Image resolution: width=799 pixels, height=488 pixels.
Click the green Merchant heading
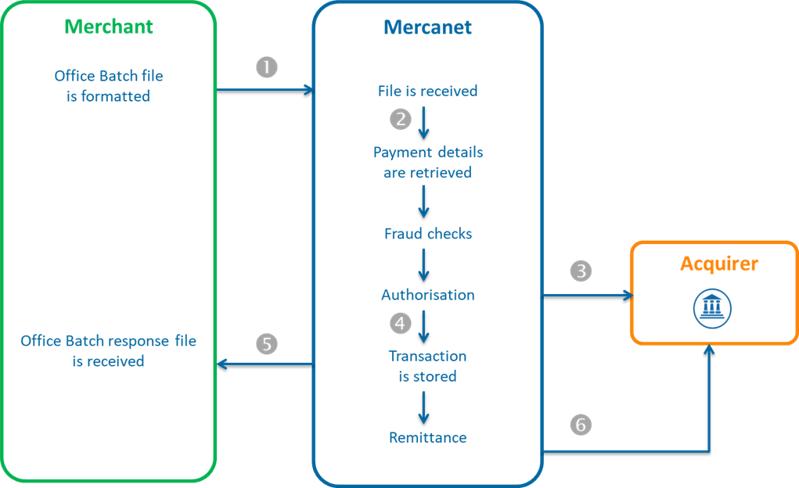click(109, 27)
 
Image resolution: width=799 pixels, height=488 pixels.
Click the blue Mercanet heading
click(427, 27)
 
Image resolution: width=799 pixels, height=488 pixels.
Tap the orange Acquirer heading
click(718, 264)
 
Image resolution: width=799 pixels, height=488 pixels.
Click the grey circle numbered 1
click(267, 67)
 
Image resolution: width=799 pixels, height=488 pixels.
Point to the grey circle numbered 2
click(400, 120)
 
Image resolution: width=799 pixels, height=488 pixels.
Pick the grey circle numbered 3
click(581, 271)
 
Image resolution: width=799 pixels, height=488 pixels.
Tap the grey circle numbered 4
click(400, 322)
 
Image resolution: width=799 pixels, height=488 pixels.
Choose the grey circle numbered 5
click(267, 343)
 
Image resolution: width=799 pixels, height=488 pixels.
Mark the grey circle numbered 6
click(580, 425)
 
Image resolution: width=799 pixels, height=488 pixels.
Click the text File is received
click(427, 91)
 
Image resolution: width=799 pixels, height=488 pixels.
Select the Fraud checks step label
click(427, 234)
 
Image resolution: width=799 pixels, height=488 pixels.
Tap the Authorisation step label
click(427, 295)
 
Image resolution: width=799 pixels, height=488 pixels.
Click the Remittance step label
click(427, 438)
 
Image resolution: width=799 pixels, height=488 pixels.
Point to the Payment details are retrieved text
click(427, 163)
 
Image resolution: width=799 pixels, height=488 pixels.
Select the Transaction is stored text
click(427, 366)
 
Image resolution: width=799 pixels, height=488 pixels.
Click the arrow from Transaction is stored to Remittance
click(423, 407)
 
